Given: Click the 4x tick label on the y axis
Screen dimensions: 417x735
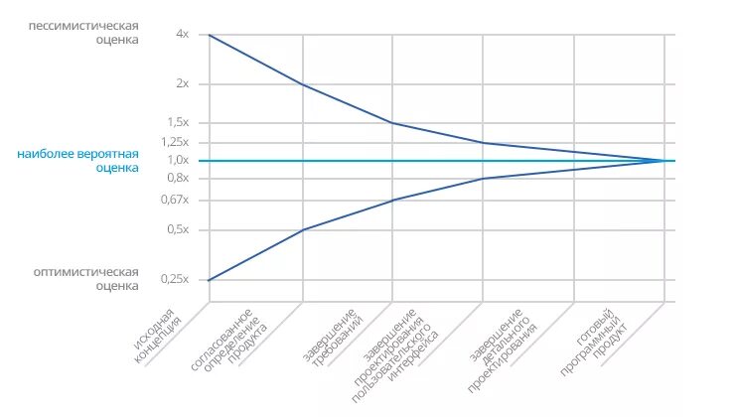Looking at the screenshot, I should pos(182,34).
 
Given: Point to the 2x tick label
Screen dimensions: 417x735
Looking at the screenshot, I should pos(182,83).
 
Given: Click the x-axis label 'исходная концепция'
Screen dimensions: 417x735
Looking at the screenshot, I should pos(159,338).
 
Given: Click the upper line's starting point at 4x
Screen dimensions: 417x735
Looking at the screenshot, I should pos(210,35).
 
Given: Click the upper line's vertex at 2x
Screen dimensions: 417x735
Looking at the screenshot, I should pos(301,84).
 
